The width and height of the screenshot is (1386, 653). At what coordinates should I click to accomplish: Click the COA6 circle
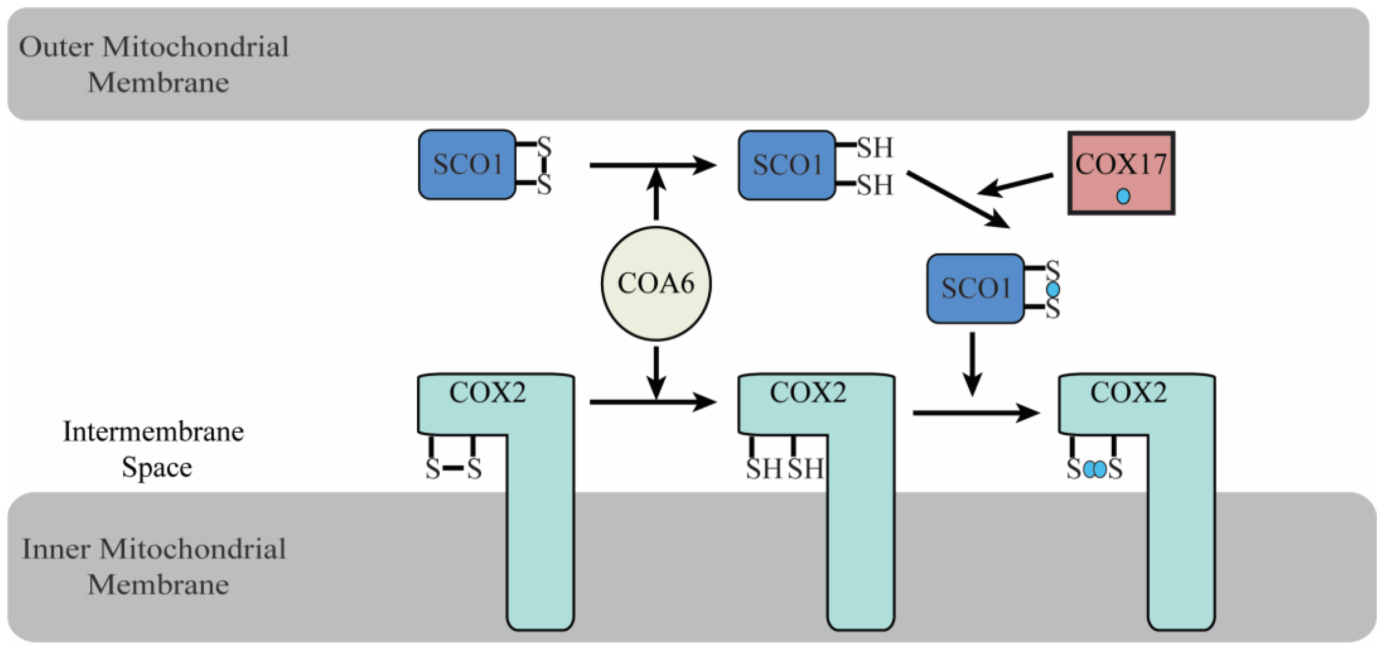655,283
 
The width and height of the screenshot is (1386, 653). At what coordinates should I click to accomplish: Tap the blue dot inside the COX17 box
1123,196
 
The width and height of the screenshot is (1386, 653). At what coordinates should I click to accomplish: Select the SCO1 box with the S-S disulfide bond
467,165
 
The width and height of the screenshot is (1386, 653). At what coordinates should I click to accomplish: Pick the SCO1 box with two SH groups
787,165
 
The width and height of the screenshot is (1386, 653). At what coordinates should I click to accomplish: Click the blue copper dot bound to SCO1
1053,290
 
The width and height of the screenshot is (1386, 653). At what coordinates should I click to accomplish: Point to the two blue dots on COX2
1095,470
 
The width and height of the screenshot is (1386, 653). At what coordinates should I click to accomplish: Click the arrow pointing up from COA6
656,194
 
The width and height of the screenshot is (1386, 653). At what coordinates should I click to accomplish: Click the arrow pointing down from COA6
656,371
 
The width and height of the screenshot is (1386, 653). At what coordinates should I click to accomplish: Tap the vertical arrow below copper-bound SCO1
972,363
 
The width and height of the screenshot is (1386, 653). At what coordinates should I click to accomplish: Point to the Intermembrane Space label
154,449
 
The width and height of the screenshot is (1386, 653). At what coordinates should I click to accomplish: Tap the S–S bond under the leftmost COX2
453,469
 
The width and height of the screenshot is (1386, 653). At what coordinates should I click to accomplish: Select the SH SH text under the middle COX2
785,469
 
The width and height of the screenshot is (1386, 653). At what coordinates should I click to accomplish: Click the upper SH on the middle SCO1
875,147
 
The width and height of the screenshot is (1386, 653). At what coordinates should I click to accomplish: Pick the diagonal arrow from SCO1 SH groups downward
958,200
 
